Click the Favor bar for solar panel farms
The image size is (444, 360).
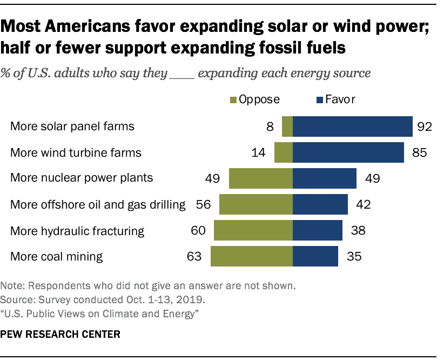click(x=353, y=126)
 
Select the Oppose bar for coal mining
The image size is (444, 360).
click(x=251, y=256)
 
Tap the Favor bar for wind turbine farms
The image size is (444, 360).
click(x=348, y=152)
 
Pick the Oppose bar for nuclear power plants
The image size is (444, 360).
click(x=260, y=178)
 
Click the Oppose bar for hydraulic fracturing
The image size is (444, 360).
click(x=253, y=230)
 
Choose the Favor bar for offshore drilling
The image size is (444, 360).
click(x=320, y=204)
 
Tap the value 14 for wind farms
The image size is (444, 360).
click(x=258, y=153)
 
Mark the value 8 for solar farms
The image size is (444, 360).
click(x=270, y=127)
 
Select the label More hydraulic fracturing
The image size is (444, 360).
click(x=77, y=231)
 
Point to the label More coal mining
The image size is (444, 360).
click(x=56, y=256)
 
